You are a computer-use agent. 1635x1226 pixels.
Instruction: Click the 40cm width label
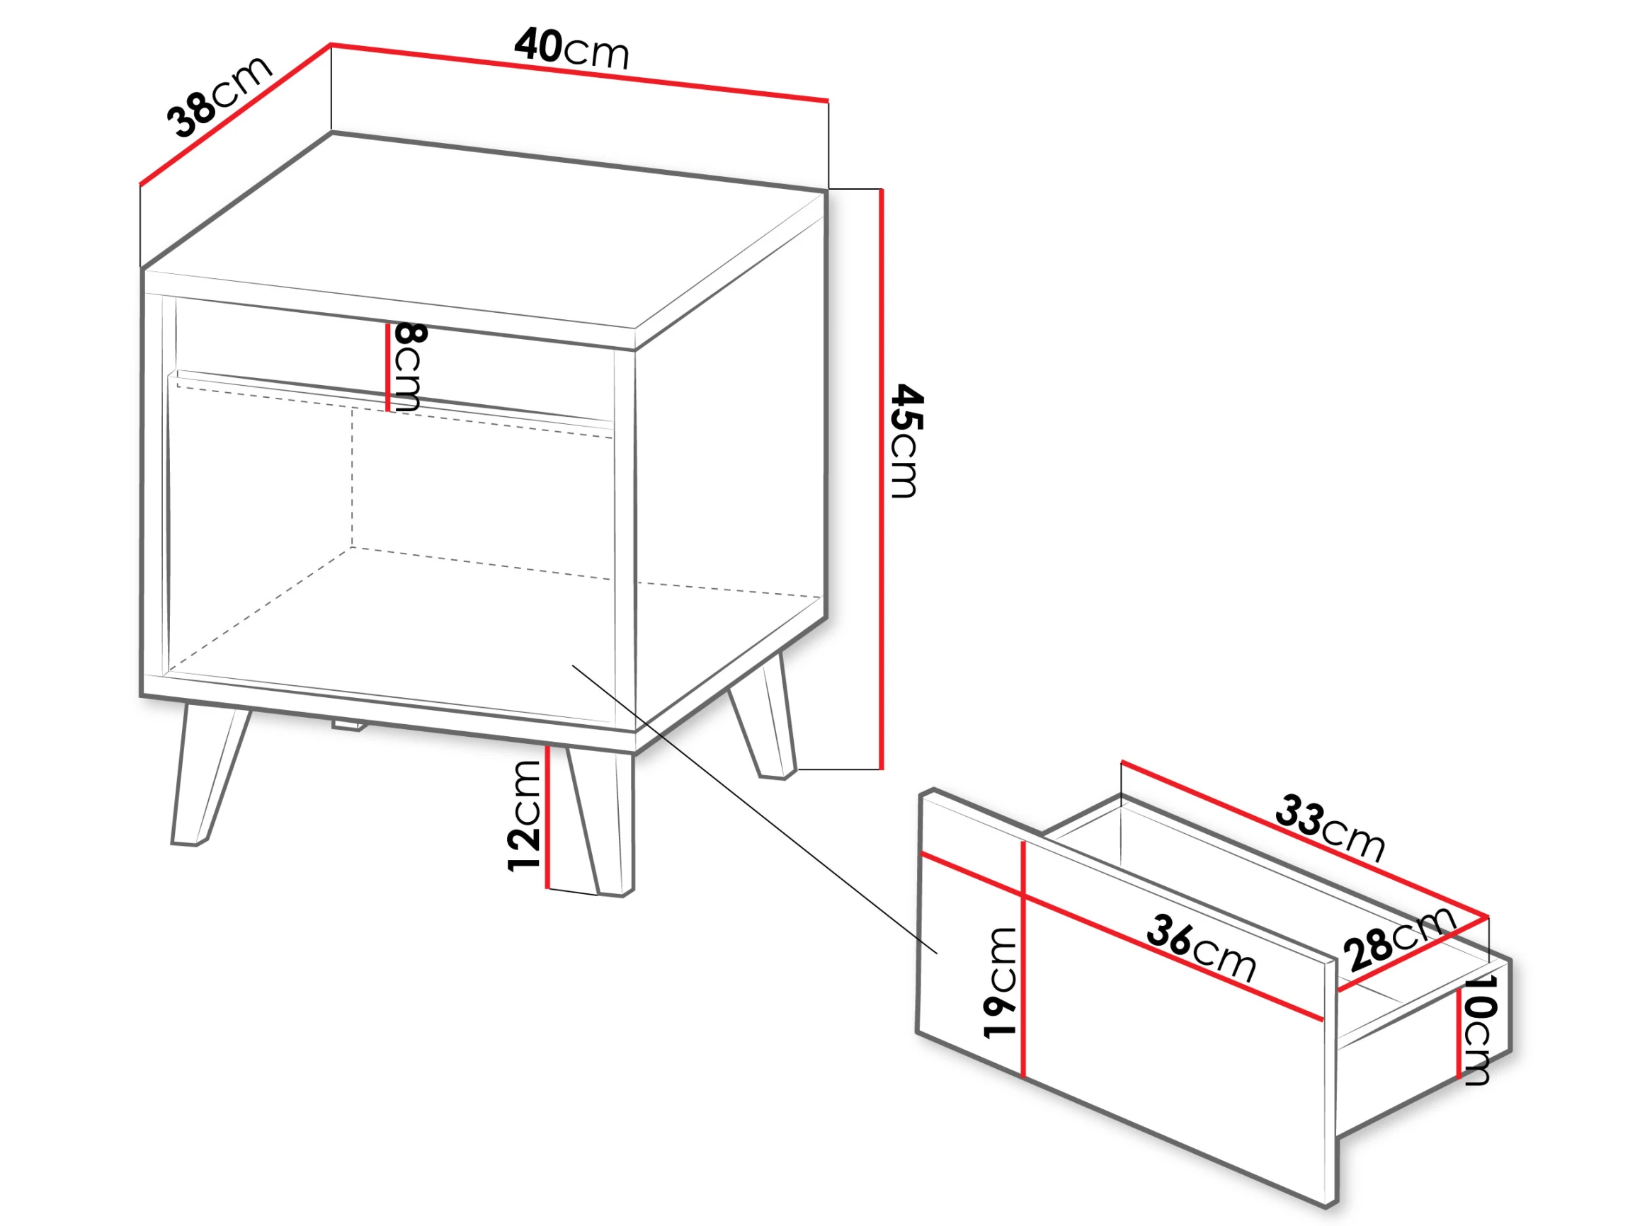click(x=571, y=48)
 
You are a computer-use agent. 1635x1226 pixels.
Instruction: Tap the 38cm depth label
click(x=219, y=96)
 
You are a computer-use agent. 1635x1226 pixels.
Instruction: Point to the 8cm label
click(x=408, y=367)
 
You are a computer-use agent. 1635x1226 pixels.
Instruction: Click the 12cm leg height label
click(x=525, y=815)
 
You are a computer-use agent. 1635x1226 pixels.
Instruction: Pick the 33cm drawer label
click(x=1330, y=827)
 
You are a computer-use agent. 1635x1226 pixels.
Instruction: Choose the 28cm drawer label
click(x=1399, y=938)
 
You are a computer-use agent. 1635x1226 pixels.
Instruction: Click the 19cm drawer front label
click(x=1001, y=983)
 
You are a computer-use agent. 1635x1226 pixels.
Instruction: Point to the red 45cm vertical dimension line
click(x=881, y=479)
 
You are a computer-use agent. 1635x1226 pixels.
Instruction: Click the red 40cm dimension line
click(x=579, y=72)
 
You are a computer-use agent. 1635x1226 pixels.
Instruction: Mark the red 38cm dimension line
click(x=235, y=114)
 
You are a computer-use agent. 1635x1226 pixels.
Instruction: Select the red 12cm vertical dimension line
click(x=547, y=817)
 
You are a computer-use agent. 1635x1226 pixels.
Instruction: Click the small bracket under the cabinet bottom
click(x=349, y=726)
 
